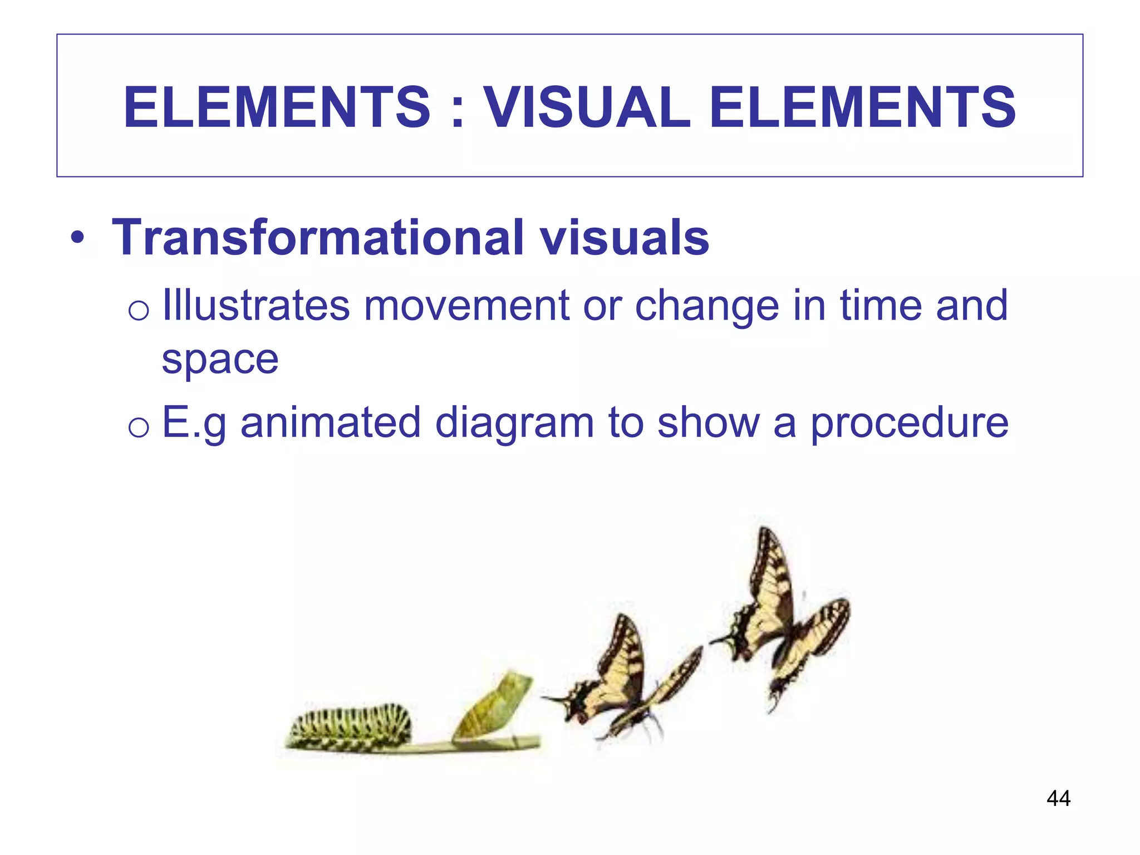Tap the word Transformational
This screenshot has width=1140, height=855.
point(318,238)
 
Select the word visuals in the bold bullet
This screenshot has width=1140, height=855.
point(625,238)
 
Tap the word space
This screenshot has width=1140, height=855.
point(220,361)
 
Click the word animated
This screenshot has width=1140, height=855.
point(331,422)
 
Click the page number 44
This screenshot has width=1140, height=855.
point(1058,798)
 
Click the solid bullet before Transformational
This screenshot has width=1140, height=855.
point(78,239)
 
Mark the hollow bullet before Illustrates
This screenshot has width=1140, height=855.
point(138,310)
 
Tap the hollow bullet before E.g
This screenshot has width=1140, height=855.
point(138,427)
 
